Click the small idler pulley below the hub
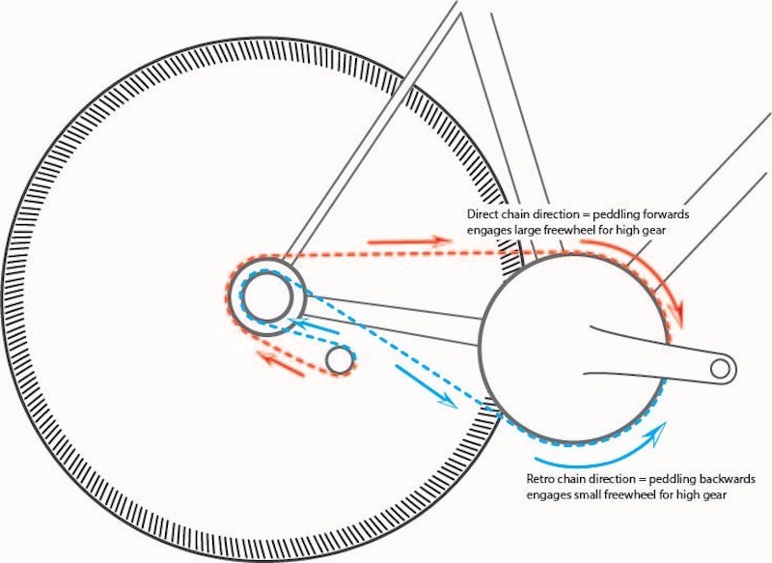tap(339, 360)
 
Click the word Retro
tap(542, 479)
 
